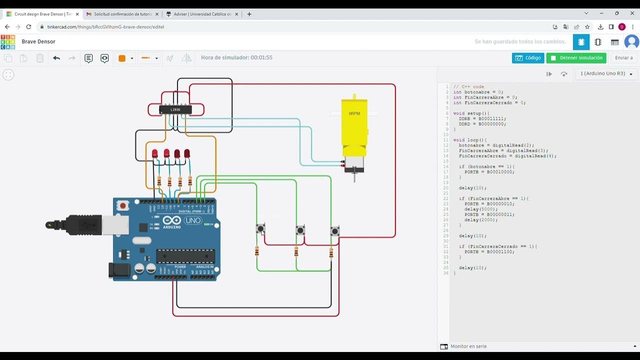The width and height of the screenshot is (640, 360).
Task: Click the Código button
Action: coord(528,58)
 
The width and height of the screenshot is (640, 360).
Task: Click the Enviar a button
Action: coord(623,58)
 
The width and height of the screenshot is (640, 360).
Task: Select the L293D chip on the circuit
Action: coord(175,109)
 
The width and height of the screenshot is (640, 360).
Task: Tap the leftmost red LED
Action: coord(155,153)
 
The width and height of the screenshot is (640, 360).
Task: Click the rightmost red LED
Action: coord(187,153)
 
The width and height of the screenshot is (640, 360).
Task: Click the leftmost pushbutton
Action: coord(260,229)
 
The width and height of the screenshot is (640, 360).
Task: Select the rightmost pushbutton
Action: coord(334,231)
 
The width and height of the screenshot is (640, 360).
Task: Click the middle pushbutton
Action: coord(300,230)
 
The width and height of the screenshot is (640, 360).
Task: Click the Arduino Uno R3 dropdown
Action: coord(606,73)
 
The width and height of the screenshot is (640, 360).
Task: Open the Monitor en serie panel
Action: coord(468,346)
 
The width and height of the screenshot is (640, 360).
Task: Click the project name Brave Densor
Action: coord(38,41)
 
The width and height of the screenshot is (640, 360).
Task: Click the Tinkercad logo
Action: coord(8,41)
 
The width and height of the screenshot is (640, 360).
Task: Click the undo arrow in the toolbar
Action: coord(56,58)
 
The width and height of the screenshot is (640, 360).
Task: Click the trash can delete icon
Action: coord(40,58)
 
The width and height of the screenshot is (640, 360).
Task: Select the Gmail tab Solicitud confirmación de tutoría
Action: coord(122,14)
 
